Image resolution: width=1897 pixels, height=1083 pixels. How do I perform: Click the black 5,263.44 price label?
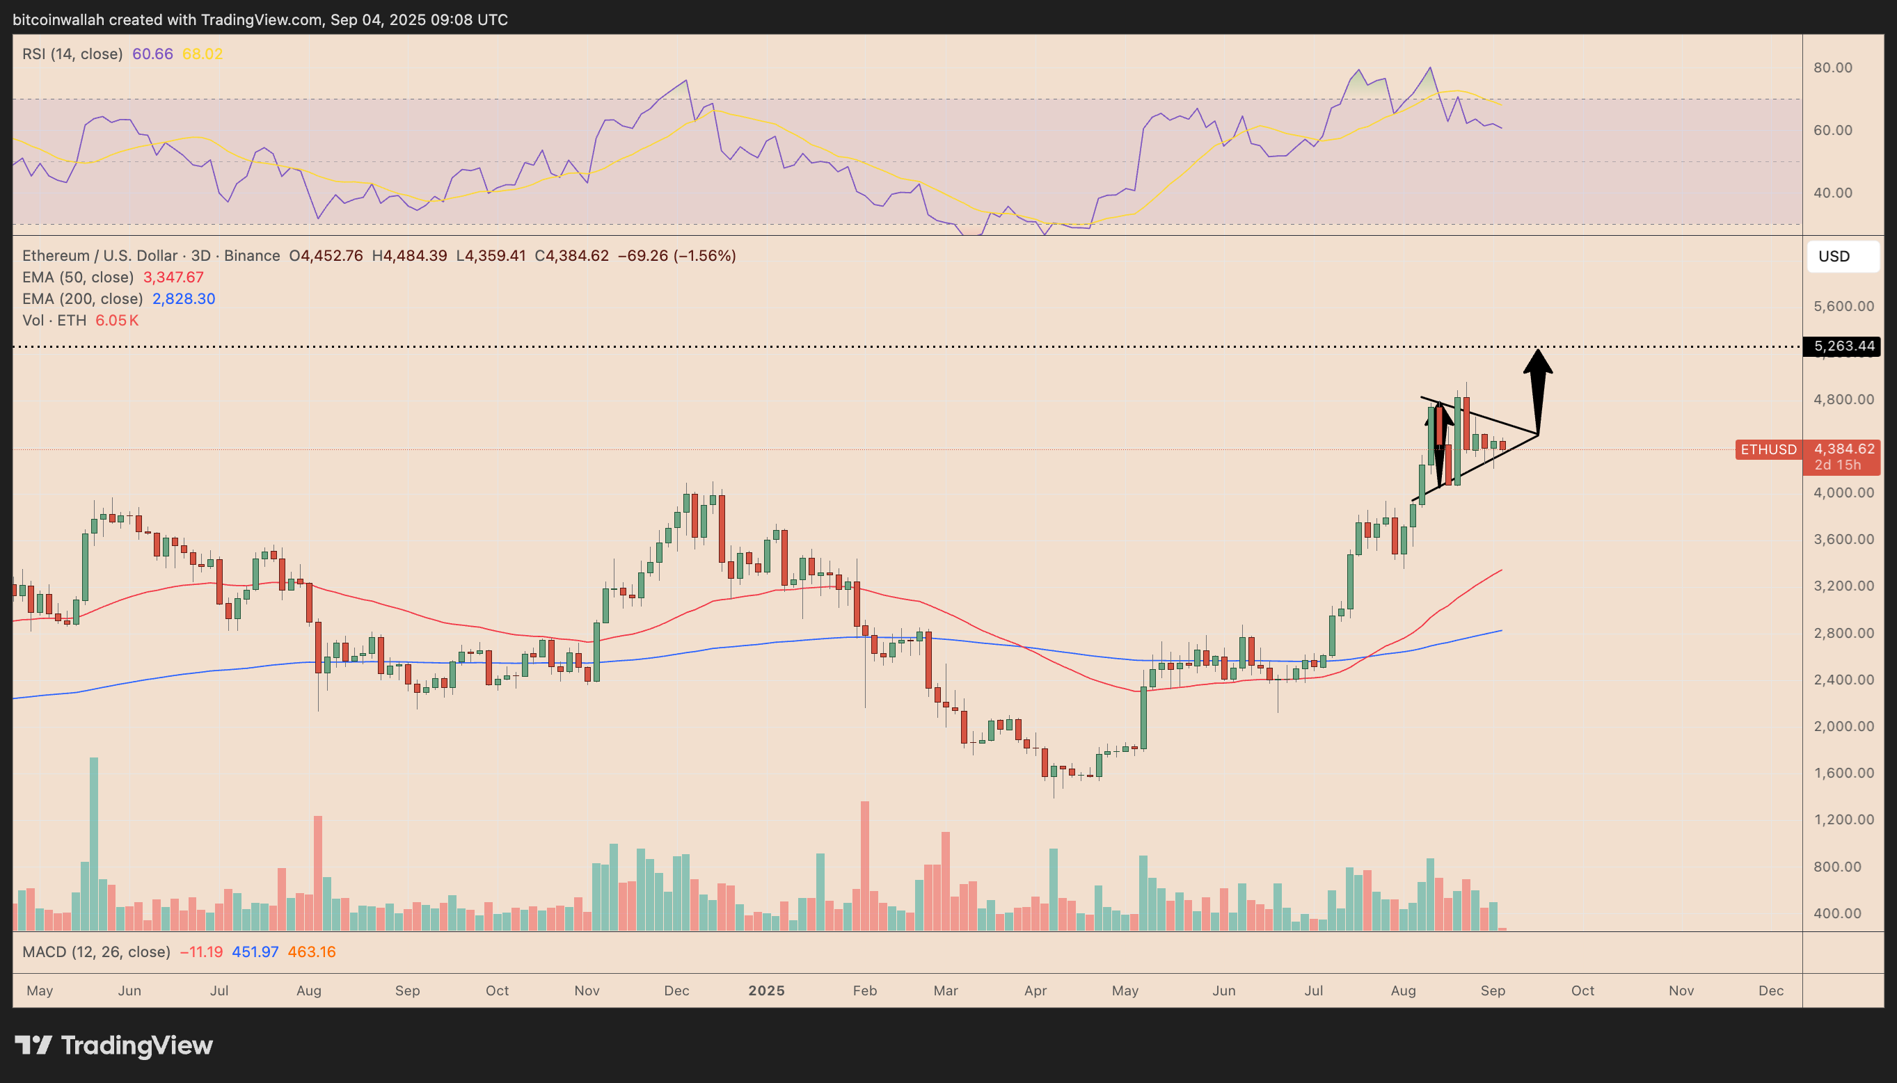click(1842, 346)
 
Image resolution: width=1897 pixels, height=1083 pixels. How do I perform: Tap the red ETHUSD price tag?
click(1768, 449)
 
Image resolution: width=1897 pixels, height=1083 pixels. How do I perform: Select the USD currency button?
click(1842, 257)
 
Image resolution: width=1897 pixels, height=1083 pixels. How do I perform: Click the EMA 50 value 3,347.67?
click(173, 278)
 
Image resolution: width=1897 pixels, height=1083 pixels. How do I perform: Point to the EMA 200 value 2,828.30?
click(184, 299)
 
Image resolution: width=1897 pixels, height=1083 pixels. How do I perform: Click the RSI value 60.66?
click(152, 54)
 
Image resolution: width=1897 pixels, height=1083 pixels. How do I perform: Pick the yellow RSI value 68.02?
click(203, 54)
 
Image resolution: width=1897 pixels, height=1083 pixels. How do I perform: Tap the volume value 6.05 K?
click(117, 321)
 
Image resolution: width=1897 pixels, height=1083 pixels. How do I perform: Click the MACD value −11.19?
click(201, 952)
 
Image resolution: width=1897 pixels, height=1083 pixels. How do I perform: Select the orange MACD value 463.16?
click(312, 952)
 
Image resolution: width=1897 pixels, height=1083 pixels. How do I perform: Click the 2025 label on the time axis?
click(766, 990)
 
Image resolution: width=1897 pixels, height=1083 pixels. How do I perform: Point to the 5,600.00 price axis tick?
click(1843, 307)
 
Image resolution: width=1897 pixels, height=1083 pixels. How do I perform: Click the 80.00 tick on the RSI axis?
click(1832, 67)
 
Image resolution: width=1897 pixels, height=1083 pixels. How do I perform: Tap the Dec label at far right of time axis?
click(1770, 990)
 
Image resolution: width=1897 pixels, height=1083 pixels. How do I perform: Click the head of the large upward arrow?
click(1538, 362)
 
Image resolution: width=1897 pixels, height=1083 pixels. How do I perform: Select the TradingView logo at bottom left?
click(114, 1046)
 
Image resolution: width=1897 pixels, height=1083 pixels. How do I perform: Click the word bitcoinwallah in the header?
click(58, 20)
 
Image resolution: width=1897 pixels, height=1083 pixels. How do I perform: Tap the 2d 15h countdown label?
click(1836, 465)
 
